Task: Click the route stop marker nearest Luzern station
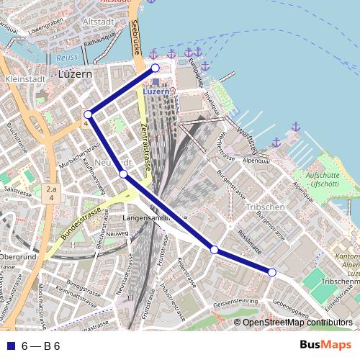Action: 155,68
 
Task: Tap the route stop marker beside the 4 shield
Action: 88,114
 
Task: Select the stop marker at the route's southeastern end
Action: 272,271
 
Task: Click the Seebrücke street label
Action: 135,36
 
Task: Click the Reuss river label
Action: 66,57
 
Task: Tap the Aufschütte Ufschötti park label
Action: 327,179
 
